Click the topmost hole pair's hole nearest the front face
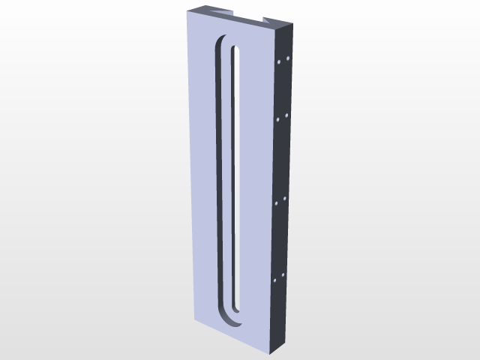(x=279, y=63)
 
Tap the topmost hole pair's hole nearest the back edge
(x=288, y=58)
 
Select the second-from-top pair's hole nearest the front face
(x=278, y=118)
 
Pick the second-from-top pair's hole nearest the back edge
(x=287, y=115)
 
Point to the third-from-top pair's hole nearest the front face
(x=277, y=202)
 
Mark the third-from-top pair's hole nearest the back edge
(x=285, y=198)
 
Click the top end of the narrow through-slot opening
(x=235, y=51)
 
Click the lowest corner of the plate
(x=271, y=353)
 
